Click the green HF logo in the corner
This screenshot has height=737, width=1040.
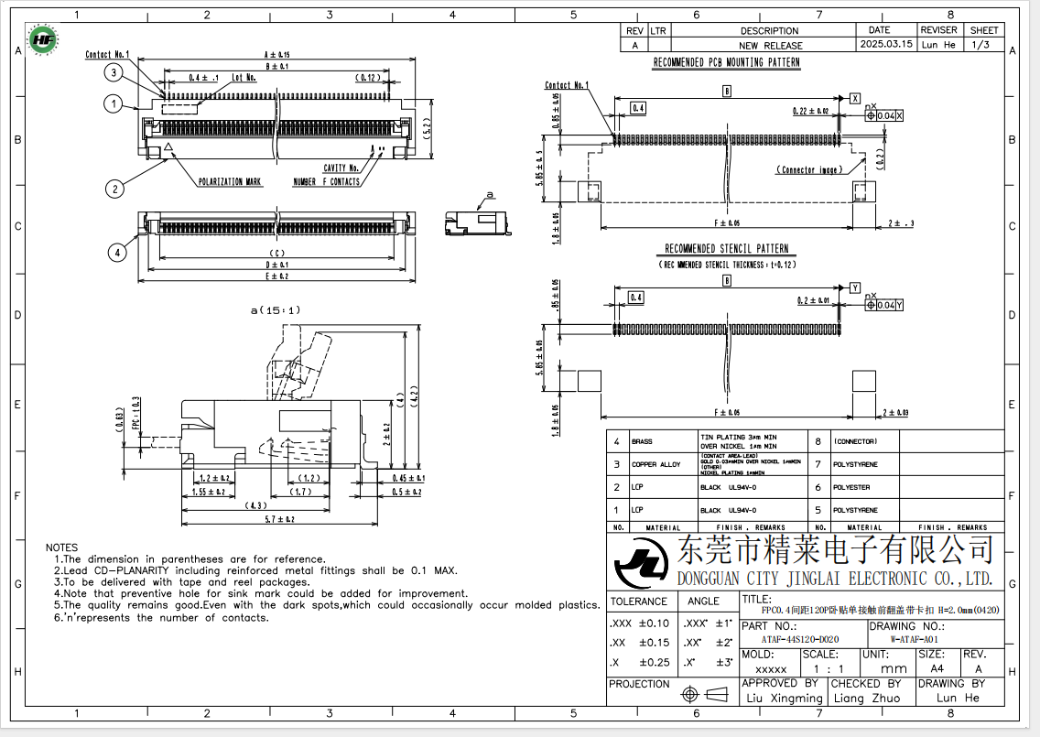click(42, 39)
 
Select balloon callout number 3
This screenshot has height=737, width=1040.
click(113, 72)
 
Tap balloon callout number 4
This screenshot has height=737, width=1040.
click(116, 253)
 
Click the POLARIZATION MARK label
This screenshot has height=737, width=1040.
click(230, 182)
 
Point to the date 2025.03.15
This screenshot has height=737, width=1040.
click(886, 44)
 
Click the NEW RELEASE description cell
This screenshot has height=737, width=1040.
click(770, 45)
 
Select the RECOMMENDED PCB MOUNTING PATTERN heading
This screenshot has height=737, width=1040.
click(726, 63)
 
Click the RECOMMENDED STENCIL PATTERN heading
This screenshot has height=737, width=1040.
click(726, 249)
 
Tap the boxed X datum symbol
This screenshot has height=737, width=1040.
click(855, 97)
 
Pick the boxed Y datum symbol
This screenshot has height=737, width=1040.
click(855, 287)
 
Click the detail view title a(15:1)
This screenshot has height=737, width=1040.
click(276, 310)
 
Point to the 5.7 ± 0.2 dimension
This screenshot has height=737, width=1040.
click(278, 519)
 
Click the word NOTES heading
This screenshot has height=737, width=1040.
click(62, 547)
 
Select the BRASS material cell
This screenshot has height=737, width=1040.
click(642, 442)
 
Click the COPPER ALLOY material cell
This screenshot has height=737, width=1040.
click(656, 464)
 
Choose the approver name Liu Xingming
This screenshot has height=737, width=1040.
click(785, 698)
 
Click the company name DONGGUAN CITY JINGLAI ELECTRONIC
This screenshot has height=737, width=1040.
click(834, 579)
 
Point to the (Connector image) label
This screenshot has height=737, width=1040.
click(809, 170)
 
